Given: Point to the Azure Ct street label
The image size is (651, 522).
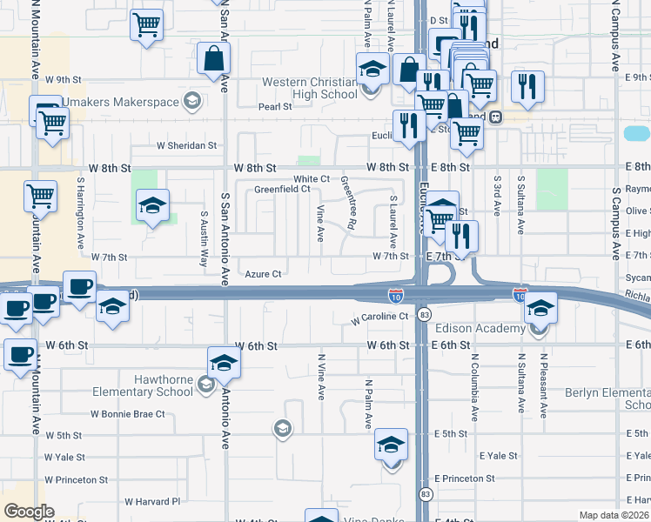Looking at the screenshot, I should (263, 274).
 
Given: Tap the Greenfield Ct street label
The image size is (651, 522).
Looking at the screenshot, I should (282, 189).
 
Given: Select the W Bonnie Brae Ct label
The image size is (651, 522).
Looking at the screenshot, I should (128, 414).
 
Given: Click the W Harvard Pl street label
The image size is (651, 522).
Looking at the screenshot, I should (151, 501).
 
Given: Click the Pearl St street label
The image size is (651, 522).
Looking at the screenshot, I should (275, 107).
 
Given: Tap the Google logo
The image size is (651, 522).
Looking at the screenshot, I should (29, 512).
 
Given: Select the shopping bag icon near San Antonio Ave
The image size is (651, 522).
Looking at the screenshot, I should (213, 59).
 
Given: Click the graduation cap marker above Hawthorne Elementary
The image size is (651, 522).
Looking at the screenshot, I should (224, 363).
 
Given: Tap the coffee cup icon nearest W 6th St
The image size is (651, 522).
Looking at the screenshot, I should (20, 355).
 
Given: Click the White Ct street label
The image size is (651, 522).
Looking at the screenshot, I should (312, 178).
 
